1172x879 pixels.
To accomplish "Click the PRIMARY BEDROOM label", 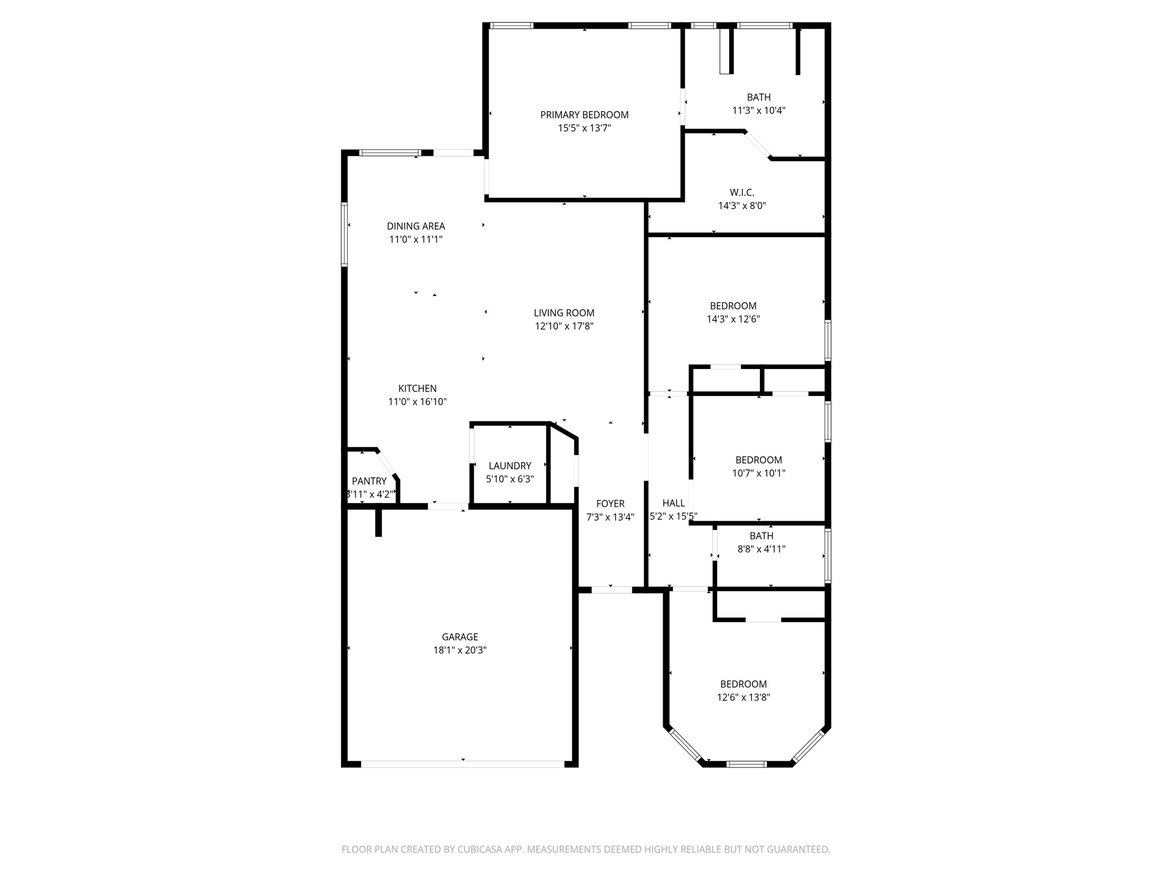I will (x=584, y=115).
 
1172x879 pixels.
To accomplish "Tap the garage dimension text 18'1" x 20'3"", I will (x=460, y=650).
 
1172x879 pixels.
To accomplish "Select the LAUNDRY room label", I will (x=509, y=466).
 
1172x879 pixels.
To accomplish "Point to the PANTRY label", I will (x=369, y=481).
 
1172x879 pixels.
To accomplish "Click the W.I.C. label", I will (x=742, y=192).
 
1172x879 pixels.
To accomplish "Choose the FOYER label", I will (x=610, y=504).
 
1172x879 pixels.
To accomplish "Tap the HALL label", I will (x=674, y=503).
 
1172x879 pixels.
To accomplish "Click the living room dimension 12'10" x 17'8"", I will (x=564, y=326).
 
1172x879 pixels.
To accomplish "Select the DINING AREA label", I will (x=415, y=226).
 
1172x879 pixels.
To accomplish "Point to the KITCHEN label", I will (x=417, y=389).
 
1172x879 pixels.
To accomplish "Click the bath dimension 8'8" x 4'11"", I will (x=761, y=549).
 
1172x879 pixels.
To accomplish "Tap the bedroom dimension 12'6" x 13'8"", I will (x=743, y=698).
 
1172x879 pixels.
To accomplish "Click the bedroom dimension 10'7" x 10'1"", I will (x=759, y=473).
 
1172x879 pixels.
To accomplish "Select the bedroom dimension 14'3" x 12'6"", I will (x=733, y=319).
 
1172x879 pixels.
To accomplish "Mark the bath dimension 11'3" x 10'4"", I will (x=758, y=110).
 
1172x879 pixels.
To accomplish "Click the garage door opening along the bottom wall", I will (x=462, y=763).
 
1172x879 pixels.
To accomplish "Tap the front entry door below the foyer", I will (x=611, y=589).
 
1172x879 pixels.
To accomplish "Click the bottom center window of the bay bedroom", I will (x=746, y=763).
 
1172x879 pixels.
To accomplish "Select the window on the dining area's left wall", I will (x=345, y=235).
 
